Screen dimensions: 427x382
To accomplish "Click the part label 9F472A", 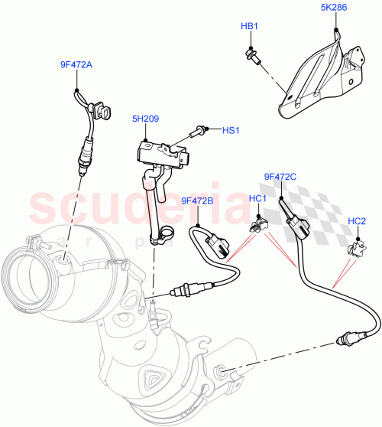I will click(x=76, y=66).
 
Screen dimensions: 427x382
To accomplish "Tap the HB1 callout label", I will click(x=249, y=27).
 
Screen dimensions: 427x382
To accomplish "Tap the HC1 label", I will click(x=257, y=200).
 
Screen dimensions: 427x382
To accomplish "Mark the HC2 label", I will click(x=357, y=222).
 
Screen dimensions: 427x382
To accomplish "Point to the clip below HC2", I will click(x=354, y=246).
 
